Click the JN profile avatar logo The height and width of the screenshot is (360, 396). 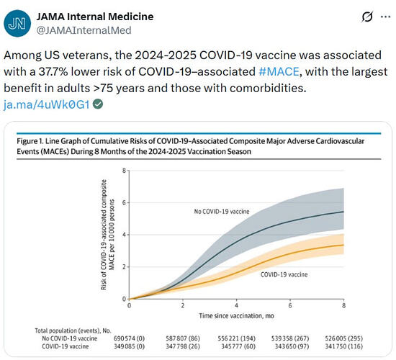pos(17,24)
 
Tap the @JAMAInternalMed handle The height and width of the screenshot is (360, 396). pos(84,30)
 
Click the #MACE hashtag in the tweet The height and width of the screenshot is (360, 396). pos(279,71)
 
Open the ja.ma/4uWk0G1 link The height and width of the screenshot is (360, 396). pos(47,104)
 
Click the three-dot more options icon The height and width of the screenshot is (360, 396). pos(385,17)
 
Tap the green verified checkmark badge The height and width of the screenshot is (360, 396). pos(98,104)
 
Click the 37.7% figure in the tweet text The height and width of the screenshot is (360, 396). pos(53,71)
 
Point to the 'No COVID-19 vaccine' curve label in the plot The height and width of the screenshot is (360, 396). pos(222,212)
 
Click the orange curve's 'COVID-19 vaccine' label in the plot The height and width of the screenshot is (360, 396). pos(284,274)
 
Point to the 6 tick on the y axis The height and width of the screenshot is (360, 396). pos(124,202)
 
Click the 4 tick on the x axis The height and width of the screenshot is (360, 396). pos(236,305)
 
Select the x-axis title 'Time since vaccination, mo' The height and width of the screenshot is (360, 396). pos(236,316)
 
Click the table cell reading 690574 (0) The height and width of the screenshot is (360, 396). pos(129,338)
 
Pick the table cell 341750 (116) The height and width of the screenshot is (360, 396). pos(343,346)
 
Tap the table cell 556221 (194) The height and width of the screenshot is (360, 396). pos(236,338)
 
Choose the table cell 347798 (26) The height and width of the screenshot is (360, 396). pos(183,346)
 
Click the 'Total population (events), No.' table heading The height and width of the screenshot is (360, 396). pos(73,330)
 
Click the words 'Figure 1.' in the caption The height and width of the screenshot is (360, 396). pos(30,141)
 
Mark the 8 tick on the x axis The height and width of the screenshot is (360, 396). pos(343,305)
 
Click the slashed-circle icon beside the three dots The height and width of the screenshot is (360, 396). pos(367,17)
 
